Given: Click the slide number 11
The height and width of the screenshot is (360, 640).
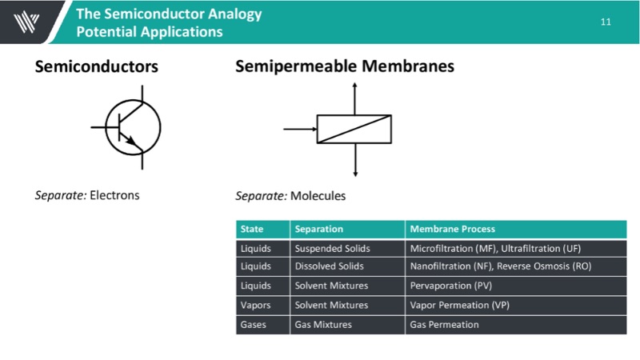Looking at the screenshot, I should tap(605, 22).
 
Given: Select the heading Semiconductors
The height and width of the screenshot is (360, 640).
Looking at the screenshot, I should tap(96, 67).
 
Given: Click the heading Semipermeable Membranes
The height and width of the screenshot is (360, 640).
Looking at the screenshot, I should tap(345, 66).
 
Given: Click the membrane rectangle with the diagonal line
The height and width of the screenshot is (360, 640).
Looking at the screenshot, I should tap(354, 129).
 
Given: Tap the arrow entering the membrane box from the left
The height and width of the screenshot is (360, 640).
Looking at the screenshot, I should tap(300, 129).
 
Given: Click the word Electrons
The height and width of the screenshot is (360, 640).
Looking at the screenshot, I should tap(114, 194).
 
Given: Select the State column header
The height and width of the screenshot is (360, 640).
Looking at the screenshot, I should tap(252, 229).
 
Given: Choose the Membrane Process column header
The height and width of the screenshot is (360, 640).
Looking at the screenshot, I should tap(453, 229).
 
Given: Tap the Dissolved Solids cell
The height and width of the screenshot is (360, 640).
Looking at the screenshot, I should tap(329, 266).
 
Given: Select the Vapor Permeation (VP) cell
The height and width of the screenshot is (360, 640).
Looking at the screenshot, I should tap(459, 305).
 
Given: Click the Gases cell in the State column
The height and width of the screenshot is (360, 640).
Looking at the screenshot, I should tap(254, 324).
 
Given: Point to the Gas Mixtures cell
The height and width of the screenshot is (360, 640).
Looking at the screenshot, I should tap(323, 324).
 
